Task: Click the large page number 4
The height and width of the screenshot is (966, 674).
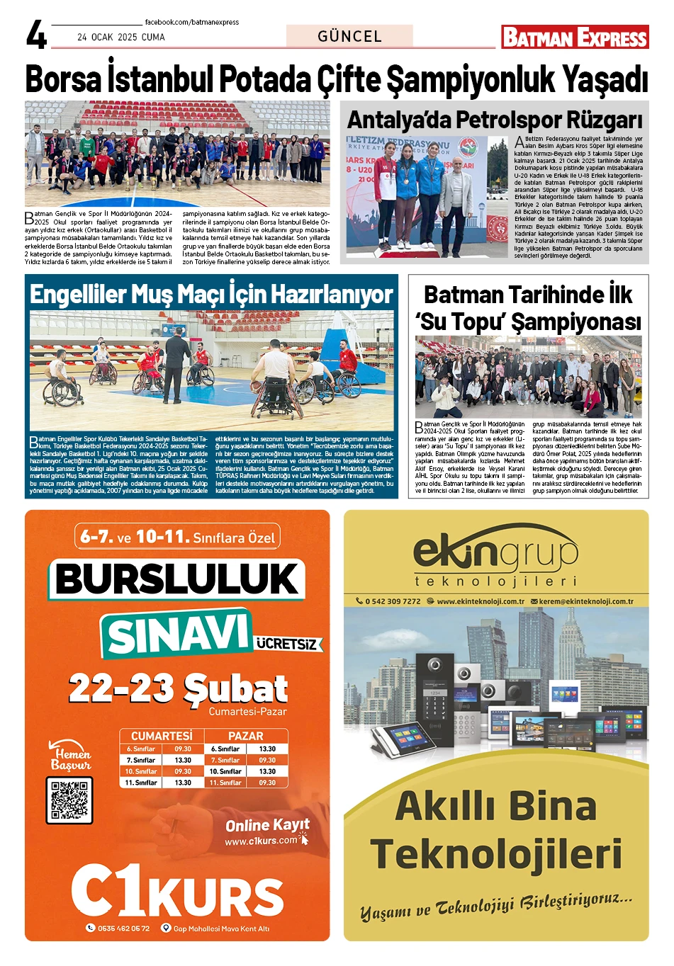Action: tap(36, 35)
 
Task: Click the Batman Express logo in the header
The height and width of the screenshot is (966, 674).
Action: tap(575, 37)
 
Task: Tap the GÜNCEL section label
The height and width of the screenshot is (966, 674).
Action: tap(349, 36)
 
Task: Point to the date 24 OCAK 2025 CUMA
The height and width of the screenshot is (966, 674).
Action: tap(120, 37)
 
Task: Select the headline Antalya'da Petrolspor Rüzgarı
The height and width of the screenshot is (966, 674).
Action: tap(494, 120)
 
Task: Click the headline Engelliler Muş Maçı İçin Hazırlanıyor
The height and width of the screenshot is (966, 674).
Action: tap(211, 294)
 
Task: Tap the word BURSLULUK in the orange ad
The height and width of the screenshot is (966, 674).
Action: tap(177, 579)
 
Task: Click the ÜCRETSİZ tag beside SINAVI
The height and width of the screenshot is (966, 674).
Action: tap(287, 644)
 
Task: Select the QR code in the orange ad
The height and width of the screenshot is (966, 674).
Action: tap(69, 800)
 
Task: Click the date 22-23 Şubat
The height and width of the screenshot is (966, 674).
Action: tap(178, 688)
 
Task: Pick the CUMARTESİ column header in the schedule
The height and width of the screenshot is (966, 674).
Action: tap(162, 736)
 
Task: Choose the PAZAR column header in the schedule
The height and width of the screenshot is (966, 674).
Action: tap(245, 736)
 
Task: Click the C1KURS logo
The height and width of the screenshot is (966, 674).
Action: tap(177, 892)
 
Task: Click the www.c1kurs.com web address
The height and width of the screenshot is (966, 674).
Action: tap(261, 841)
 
